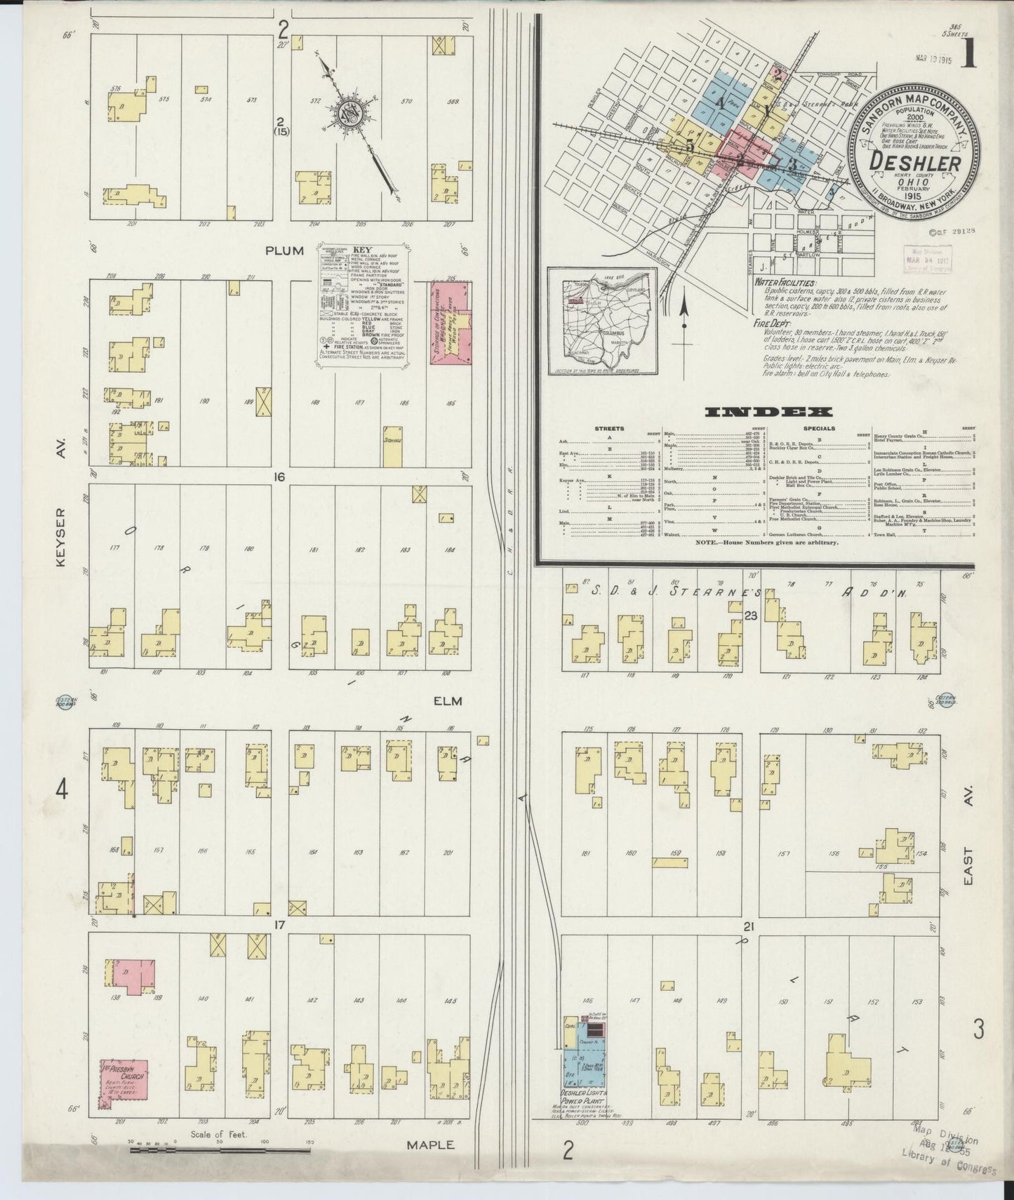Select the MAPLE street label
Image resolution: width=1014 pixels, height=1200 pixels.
point(432,1145)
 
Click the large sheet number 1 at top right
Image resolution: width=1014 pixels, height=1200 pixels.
point(969,54)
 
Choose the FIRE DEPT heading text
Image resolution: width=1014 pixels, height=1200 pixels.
point(769,325)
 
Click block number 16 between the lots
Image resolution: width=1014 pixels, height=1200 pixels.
point(280,477)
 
